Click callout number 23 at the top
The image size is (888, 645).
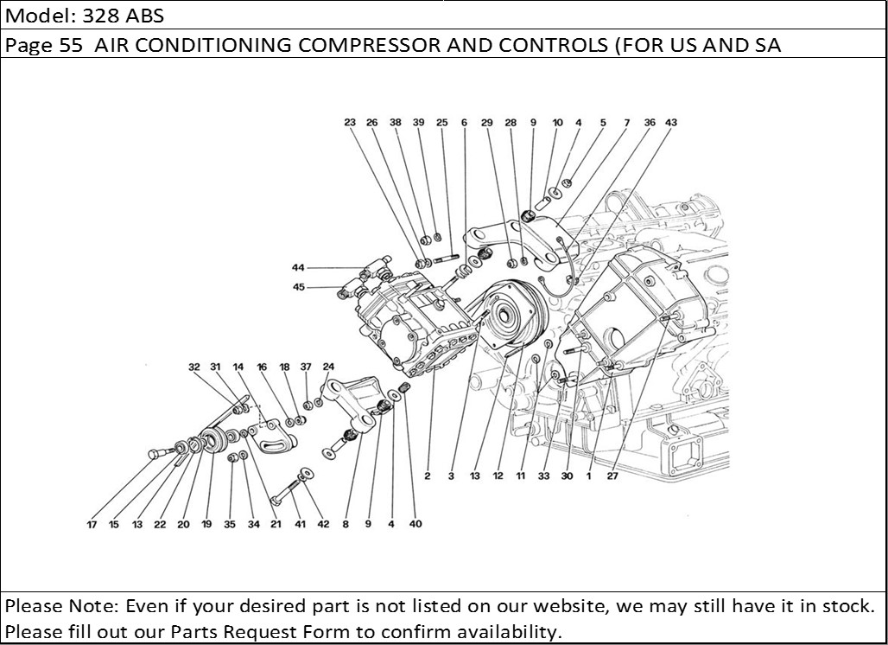point(350,123)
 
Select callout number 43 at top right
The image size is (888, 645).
point(671,123)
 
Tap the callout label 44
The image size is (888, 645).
point(298,268)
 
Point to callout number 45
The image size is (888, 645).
point(298,288)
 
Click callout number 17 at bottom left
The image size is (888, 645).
point(92,524)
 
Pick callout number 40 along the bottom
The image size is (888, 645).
point(415,524)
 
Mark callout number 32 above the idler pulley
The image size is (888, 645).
point(194,367)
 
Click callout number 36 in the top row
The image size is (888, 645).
point(650,123)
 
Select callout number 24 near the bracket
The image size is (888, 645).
point(328,367)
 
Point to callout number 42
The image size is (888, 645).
point(323,524)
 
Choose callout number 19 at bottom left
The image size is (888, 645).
point(206,524)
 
